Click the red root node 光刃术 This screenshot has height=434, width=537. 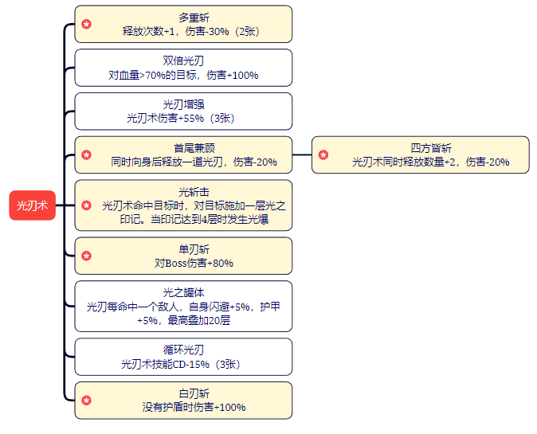tap(33, 205)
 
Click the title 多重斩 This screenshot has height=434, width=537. tap(183, 18)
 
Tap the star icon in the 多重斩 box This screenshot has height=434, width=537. tap(86, 24)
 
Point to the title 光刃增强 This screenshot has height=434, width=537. tap(183, 104)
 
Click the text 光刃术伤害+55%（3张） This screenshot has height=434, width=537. tap(183, 118)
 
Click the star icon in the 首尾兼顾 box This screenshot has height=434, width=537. tap(86, 154)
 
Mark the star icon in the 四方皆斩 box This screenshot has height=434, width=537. tap(323, 154)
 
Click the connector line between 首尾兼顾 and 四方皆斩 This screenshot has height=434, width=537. tap(302, 154)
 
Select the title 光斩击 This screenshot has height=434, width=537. tap(194, 191)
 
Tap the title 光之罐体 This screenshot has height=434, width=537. tap(183, 292)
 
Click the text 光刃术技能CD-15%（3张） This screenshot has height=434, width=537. tap(183, 364)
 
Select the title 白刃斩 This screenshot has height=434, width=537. tap(194, 393)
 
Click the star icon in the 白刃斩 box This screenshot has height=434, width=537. tap(86, 401)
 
